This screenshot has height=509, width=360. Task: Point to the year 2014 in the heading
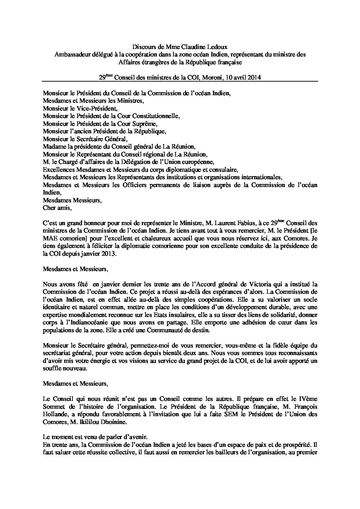tap(254, 78)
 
